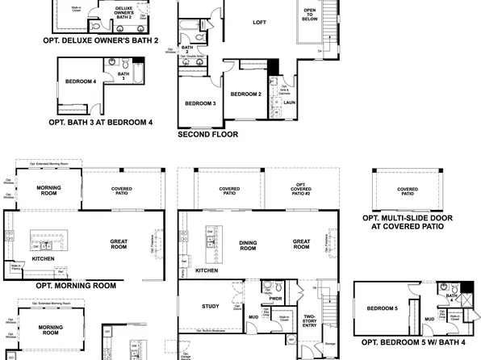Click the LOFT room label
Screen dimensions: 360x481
pyautogui.click(x=258, y=23)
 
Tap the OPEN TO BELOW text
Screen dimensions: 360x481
pyautogui.click(x=310, y=15)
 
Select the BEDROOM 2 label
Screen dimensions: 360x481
pyautogui.click(x=245, y=94)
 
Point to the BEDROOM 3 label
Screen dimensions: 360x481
pyautogui.click(x=200, y=103)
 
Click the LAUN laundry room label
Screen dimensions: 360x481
pyautogui.click(x=288, y=103)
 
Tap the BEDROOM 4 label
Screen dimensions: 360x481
pyautogui.click(x=82, y=81)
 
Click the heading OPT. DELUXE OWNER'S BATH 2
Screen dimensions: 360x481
pyautogui.click(x=100, y=39)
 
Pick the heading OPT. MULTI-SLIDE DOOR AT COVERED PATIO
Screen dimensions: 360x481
pyautogui.click(x=407, y=222)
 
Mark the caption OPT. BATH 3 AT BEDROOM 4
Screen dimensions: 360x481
pyautogui.click(x=101, y=123)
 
